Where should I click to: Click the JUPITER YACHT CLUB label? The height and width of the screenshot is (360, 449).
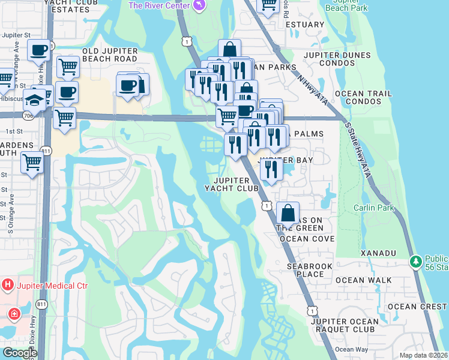tap(231, 184)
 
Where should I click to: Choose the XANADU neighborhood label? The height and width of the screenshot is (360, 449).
tap(378, 254)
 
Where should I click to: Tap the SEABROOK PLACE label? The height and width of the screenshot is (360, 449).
tap(306, 270)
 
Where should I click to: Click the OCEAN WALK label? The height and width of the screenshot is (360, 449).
tap(364, 280)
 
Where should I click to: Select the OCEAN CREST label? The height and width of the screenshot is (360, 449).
tap(417, 307)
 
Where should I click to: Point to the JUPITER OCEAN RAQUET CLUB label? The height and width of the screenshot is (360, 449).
tap(345, 325)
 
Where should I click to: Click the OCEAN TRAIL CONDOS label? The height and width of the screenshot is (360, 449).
tap(364, 98)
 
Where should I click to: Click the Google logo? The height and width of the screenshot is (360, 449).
tap(19, 353)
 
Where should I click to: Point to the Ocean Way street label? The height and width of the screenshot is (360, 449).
tap(352, 350)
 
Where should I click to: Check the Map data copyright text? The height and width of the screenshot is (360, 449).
tap(423, 355)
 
